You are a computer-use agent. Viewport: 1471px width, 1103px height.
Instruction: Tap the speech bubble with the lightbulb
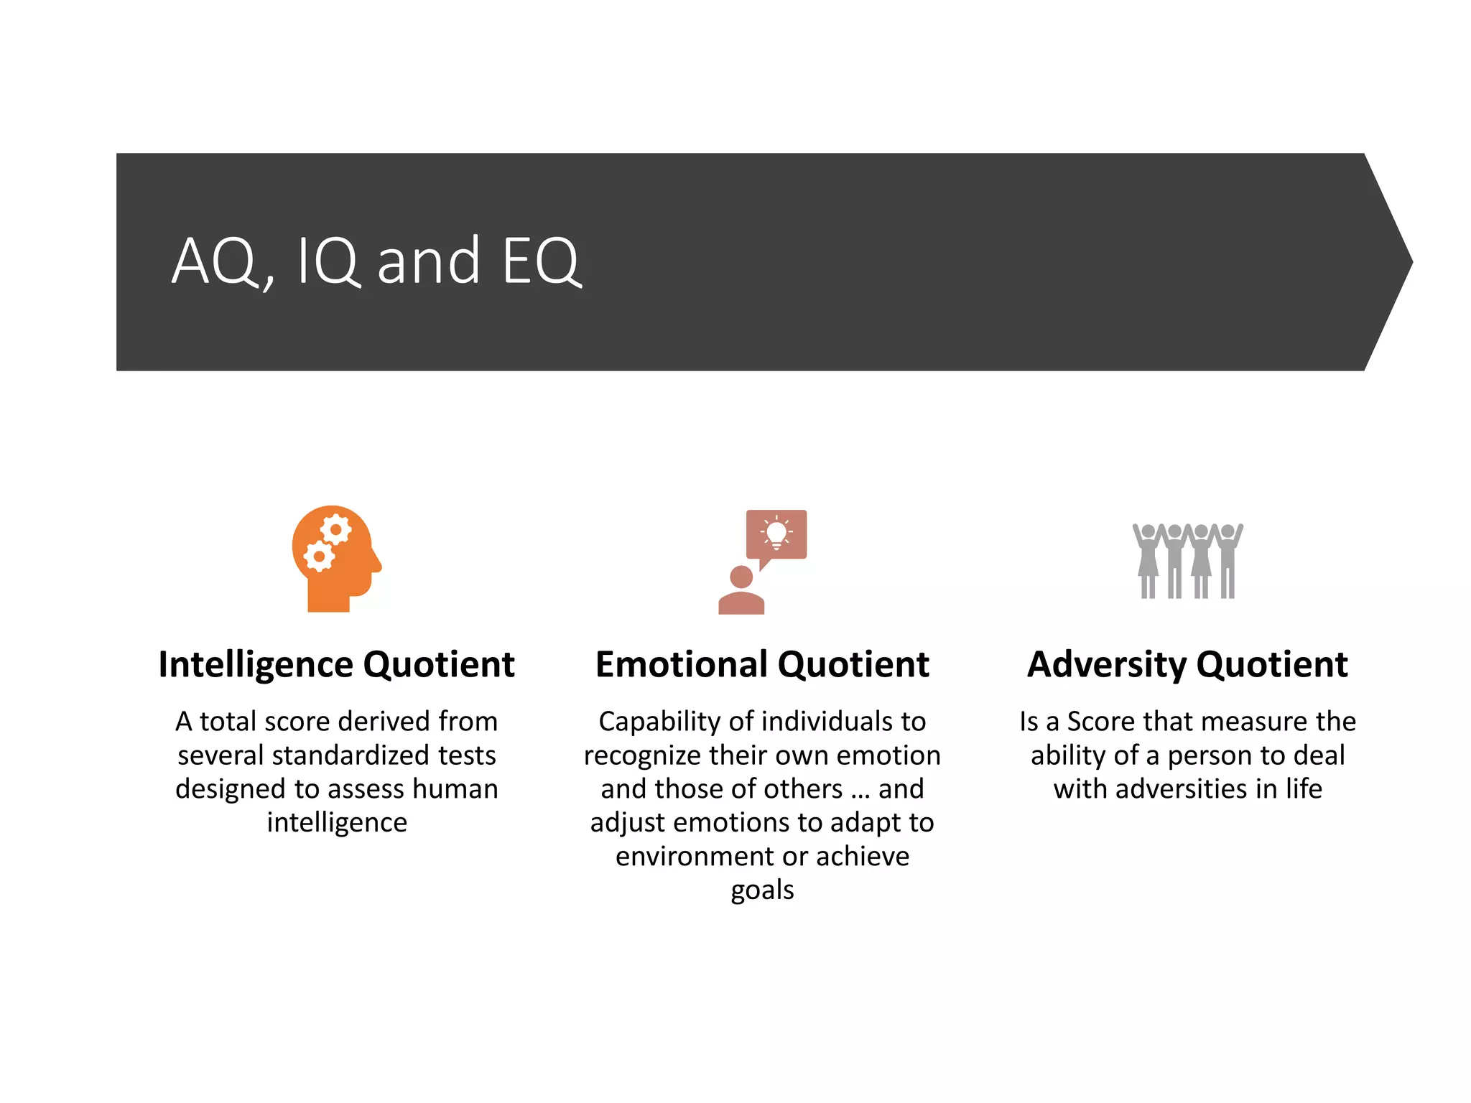point(776,535)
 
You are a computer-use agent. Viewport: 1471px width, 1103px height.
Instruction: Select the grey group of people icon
point(1188,561)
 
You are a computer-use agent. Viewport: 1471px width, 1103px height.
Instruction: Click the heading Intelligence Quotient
point(336,664)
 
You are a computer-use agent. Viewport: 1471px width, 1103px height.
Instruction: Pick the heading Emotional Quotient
point(762,664)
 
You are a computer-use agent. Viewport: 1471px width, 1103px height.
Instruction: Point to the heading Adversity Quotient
point(1187,664)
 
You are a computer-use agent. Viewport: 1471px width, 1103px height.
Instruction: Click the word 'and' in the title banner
point(429,262)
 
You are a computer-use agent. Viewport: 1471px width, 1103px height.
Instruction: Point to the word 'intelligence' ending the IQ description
point(337,823)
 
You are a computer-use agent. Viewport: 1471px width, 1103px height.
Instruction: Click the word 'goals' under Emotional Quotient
point(762,890)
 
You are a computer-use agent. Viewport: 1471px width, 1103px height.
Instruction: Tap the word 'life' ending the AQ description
point(1304,789)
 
